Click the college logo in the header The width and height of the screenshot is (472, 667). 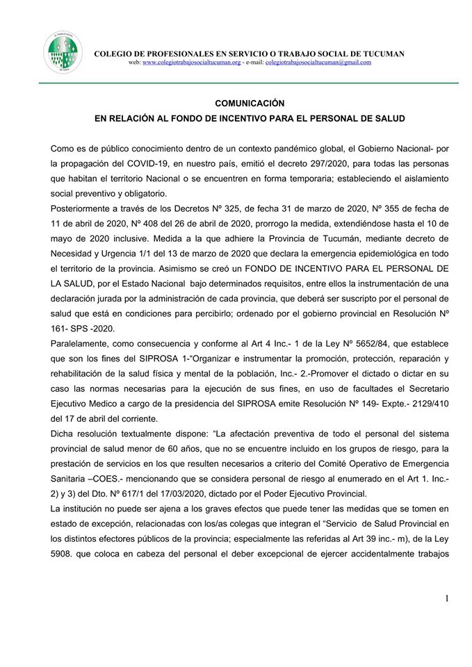[62, 52]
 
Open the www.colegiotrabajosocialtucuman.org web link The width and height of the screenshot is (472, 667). [196, 63]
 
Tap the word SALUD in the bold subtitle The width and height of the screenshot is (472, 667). [388, 119]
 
